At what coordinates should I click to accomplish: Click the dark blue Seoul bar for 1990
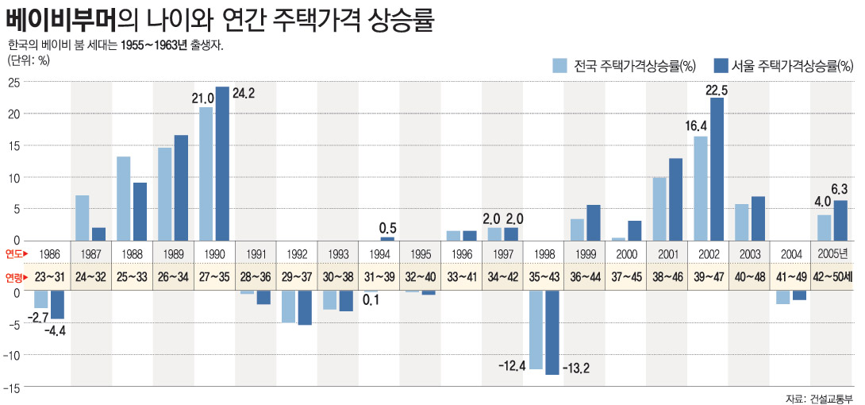[x=222, y=164]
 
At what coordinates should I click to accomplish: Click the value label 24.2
[x=243, y=94]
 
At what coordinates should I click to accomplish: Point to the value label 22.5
[x=717, y=90]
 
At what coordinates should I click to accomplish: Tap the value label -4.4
[x=55, y=330]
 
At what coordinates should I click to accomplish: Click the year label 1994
[x=379, y=254]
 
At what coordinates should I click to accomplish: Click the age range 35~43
[x=544, y=278]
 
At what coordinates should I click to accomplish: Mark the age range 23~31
[x=50, y=278]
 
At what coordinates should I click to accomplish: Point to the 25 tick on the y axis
[x=13, y=83]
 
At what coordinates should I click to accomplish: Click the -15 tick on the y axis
[x=11, y=388]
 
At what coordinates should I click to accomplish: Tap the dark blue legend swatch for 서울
[x=721, y=65]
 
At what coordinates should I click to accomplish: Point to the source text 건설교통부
[x=832, y=398]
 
